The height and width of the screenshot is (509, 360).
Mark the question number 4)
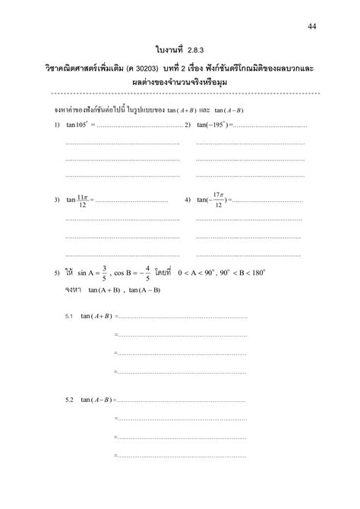pos(187,200)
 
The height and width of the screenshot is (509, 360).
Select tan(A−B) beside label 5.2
pos(96,399)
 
